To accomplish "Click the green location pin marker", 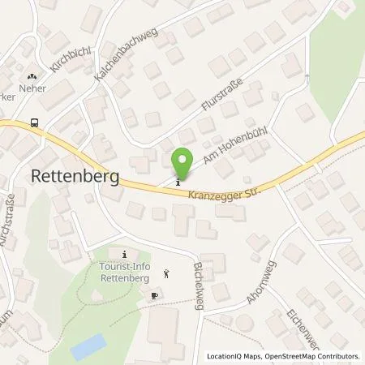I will point(184,165).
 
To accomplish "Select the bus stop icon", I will point(33,122).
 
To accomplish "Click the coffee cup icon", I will point(155,298).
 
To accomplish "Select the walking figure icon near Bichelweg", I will point(167,273).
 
